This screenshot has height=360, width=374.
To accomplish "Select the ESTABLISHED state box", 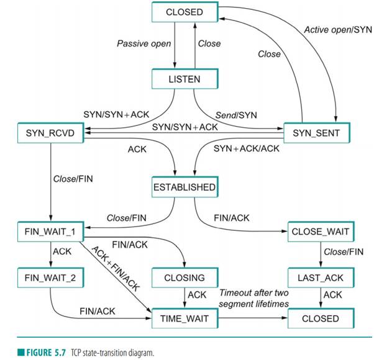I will pyautogui.click(x=184, y=187).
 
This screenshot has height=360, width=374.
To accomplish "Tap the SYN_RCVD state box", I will pyautogui.click(x=50, y=132).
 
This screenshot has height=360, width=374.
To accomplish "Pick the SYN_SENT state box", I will pyautogui.click(x=316, y=132).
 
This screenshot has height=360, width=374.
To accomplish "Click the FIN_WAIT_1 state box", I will pyautogui.click(x=50, y=232).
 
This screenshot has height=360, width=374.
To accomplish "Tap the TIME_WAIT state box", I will pyautogui.click(x=184, y=318).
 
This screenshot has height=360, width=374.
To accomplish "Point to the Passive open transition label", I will pyautogui.click(x=140, y=44).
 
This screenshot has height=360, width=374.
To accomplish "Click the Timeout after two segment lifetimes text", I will pyautogui.click(x=255, y=298).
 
